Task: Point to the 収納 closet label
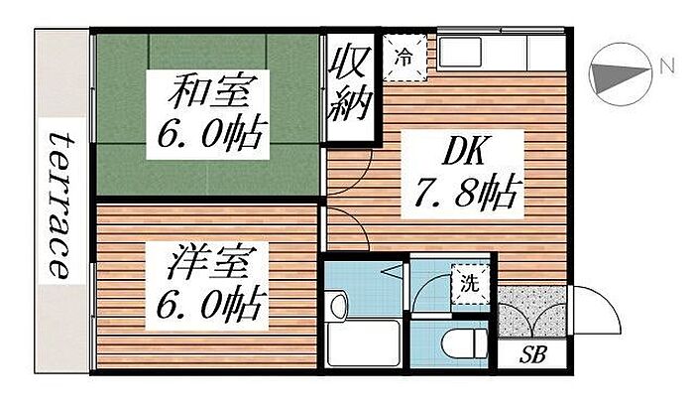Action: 351,81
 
